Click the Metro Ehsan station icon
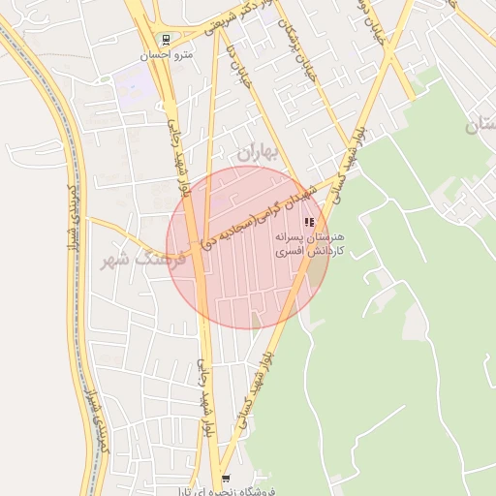[x=167, y=40]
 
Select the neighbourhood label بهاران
[x=257, y=151]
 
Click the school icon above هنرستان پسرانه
[x=309, y=222]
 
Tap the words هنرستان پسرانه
[x=310, y=236]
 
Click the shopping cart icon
[x=226, y=479]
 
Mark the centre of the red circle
[x=248, y=248]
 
